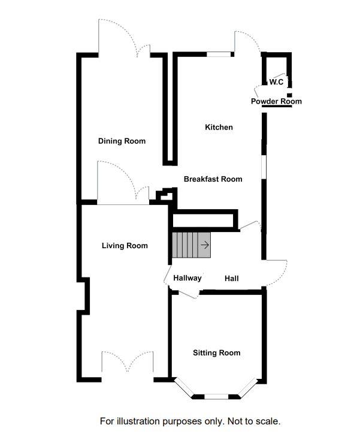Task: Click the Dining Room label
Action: tap(122, 141)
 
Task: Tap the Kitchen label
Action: tap(219, 127)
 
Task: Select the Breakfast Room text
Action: tap(213, 179)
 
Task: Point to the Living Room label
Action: tap(125, 245)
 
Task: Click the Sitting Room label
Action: tap(216, 352)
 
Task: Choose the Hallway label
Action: tap(187, 278)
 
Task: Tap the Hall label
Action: tap(232, 279)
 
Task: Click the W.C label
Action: tap(276, 82)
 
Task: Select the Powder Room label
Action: tap(276, 101)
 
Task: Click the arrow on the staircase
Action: tap(205, 245)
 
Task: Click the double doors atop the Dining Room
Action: tap(124, 40)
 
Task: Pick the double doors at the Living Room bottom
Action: tap(128, 364)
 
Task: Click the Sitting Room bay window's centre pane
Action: tap(216, 396)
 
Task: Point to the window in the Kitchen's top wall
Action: tap(219, 55)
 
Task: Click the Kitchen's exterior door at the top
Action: tap(247, 43)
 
